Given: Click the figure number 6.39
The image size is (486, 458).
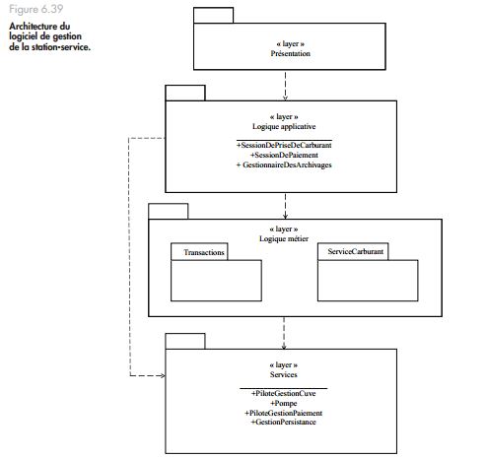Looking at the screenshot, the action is [x=52, y=9].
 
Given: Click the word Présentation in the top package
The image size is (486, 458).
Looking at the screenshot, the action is [x=291, y=53].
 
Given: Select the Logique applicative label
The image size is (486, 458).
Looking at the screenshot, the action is [x=284, y=126].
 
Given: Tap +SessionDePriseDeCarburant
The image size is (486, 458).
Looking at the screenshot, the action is [x=284, y=145].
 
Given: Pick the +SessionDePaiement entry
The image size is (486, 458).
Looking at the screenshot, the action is [x=284, y=155].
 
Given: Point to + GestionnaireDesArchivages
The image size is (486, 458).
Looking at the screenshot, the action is [x=284, y=164].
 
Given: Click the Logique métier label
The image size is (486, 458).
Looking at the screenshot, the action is [x=284, y=238].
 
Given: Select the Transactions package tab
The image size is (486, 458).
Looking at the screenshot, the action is [x=199, y=252].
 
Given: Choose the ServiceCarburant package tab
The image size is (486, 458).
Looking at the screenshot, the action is [x=353, y=251].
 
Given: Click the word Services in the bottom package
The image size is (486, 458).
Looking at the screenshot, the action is [x=284, y=374].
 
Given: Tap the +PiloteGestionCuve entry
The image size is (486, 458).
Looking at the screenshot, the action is [x=284, y=393].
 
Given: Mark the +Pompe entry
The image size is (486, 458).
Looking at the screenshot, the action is [x=284, y=403].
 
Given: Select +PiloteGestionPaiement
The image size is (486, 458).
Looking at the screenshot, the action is [x=284, y=413].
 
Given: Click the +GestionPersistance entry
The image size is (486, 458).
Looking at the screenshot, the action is [x=284, y=423].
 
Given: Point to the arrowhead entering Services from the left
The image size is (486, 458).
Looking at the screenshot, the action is [x=163, y=375].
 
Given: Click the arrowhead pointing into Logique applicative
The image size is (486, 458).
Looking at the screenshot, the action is [x=285, y=98].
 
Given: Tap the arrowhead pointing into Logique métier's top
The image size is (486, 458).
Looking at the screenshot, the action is [x=285, y=216].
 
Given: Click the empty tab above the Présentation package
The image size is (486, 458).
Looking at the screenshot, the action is [x=214, y=15].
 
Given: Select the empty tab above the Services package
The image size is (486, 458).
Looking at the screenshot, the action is [x=185, y=341].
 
